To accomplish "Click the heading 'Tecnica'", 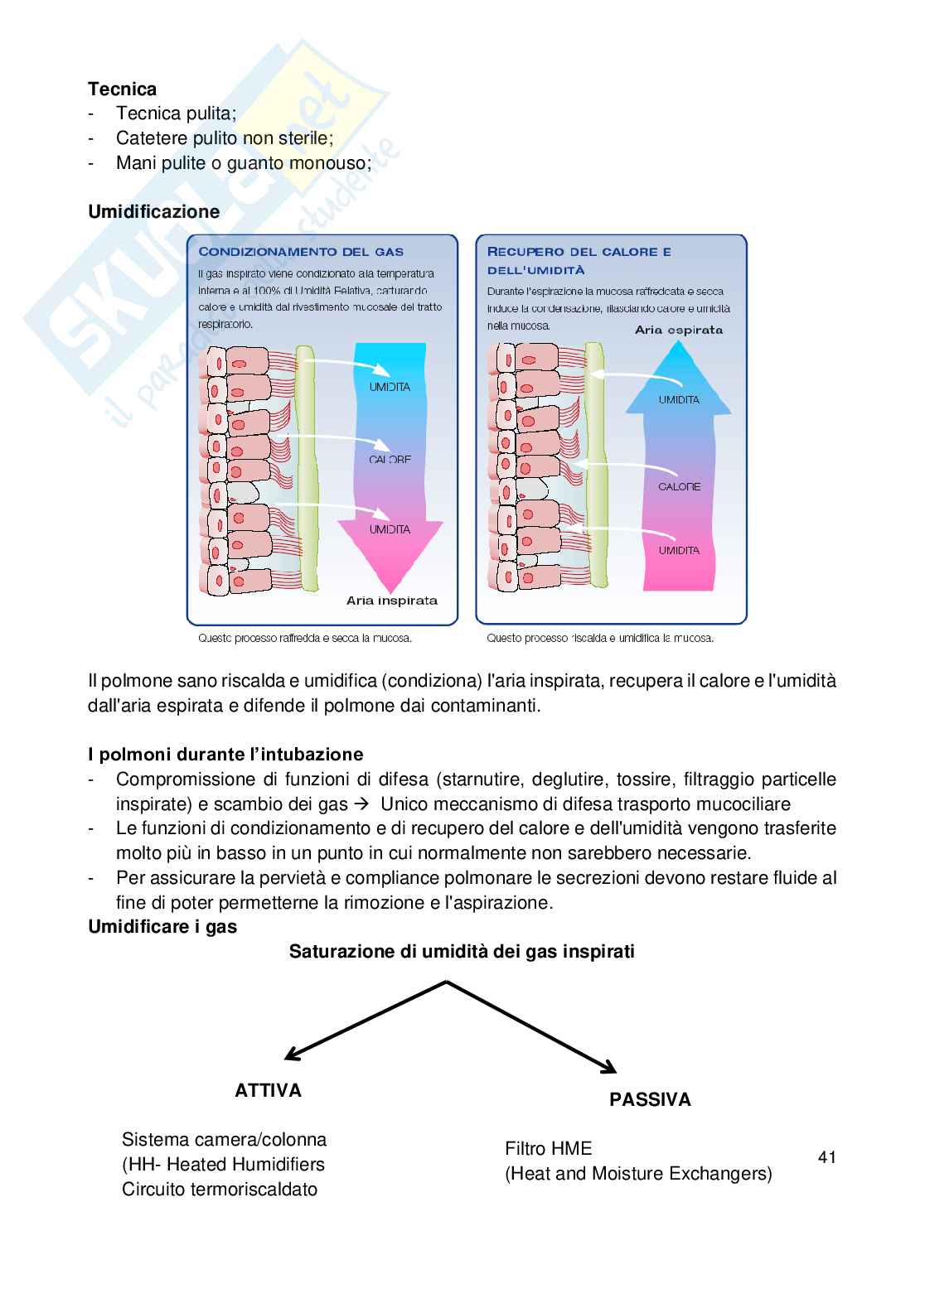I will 122,89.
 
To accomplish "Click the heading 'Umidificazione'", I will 154,211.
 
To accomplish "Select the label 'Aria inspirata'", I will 391,601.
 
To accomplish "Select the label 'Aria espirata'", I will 678,330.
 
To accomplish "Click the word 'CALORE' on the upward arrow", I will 679,486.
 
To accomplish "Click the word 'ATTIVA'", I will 269,1090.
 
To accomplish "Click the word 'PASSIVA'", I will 650,1099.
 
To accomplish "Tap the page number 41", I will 826,1157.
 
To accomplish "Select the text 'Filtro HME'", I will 549,1148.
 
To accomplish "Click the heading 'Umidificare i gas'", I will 162,927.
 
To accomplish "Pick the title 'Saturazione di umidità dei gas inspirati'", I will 462,952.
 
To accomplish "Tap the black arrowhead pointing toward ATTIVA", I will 292,1055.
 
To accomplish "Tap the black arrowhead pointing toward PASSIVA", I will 609,1069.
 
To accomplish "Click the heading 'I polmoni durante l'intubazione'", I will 225,755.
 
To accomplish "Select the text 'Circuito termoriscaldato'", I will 220,1189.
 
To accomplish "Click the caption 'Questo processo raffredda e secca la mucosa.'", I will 305,638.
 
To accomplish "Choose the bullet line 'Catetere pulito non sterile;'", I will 225,138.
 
